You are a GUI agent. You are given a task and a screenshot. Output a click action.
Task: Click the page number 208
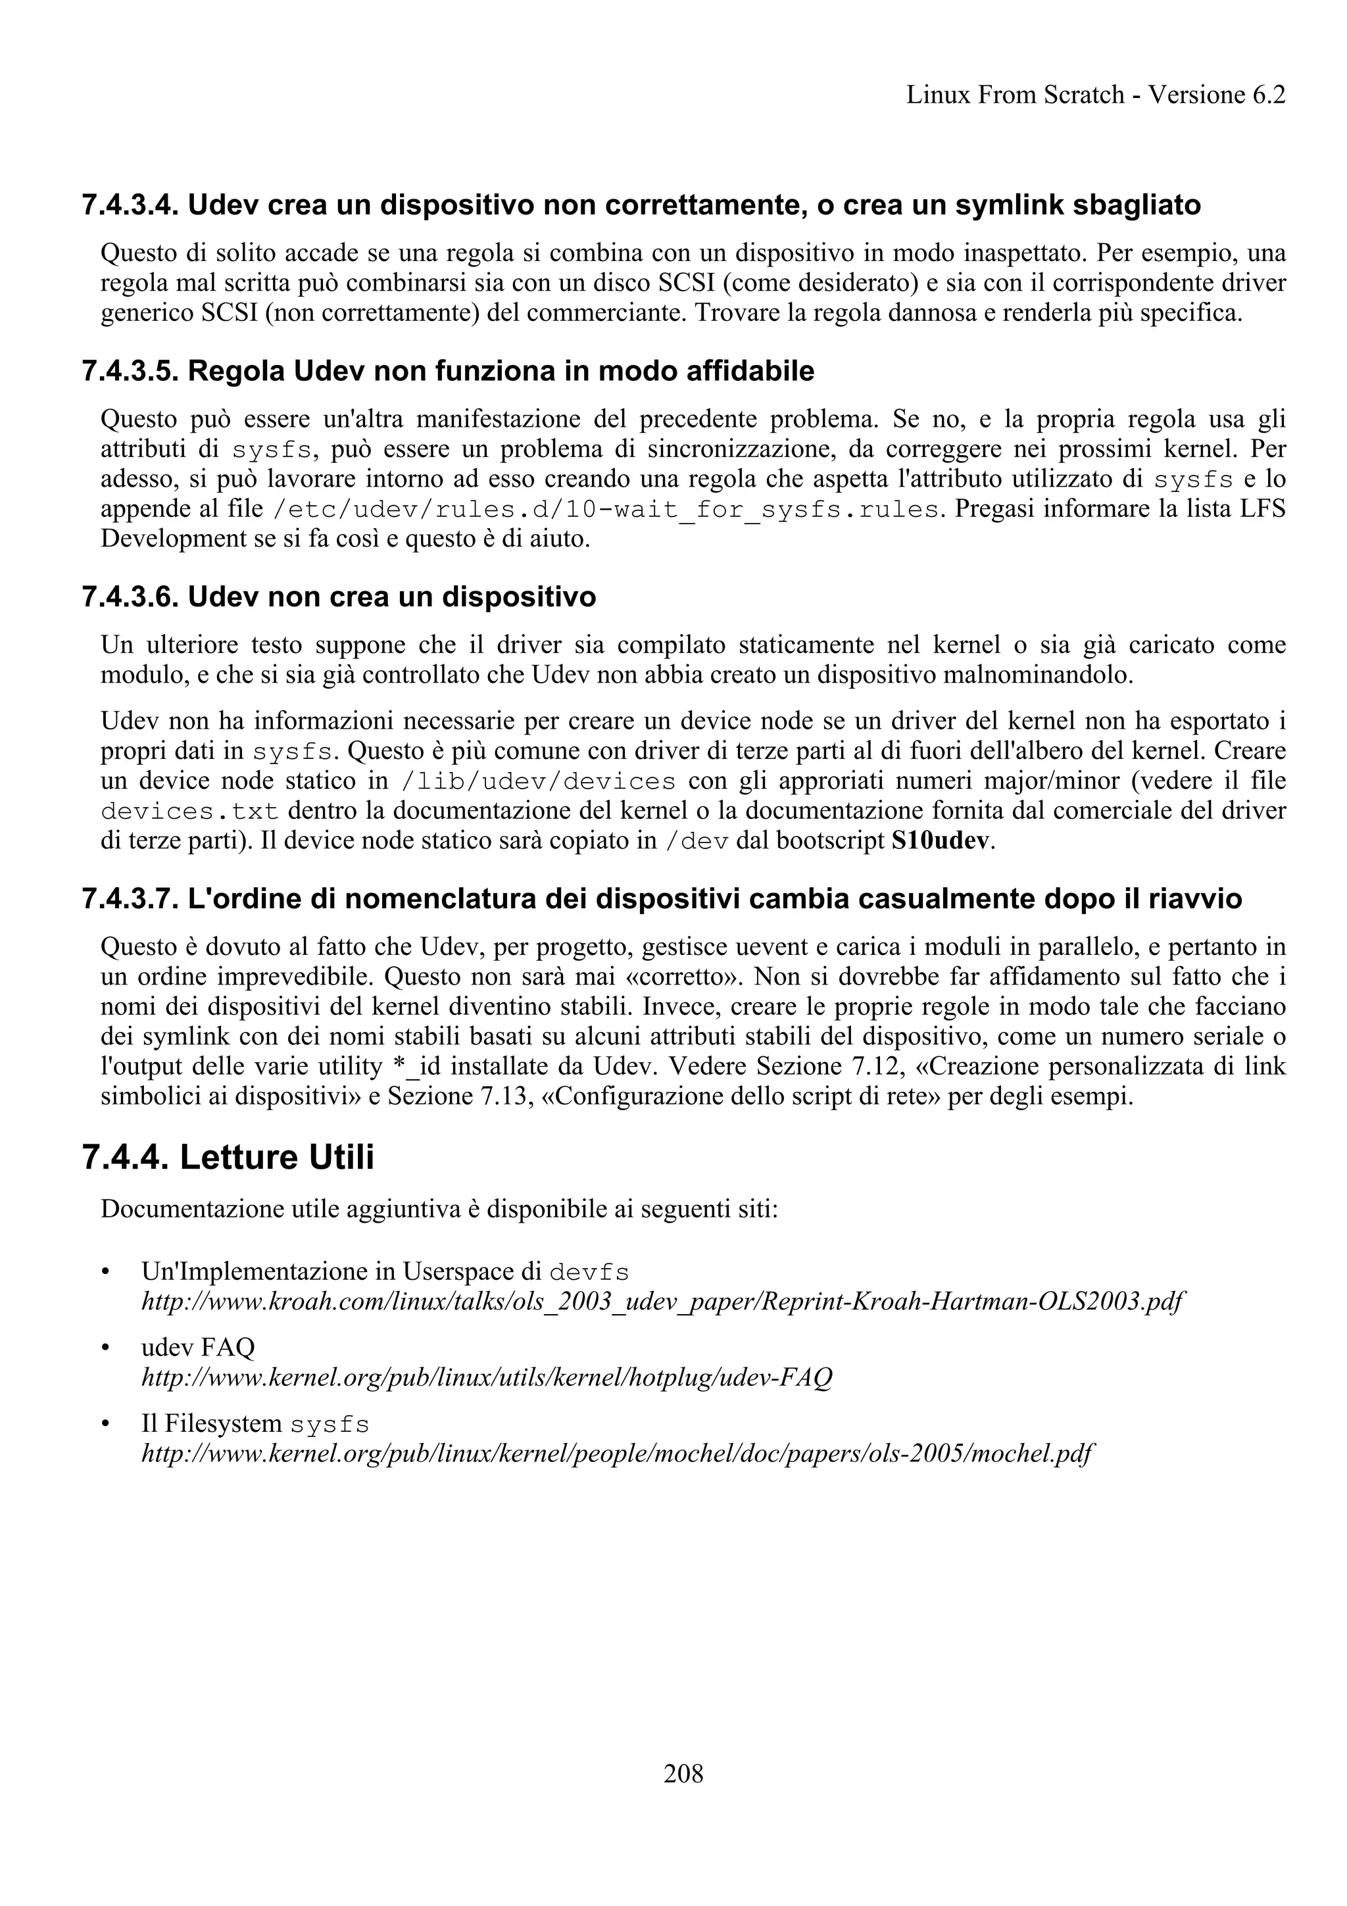[x=683, y=1774]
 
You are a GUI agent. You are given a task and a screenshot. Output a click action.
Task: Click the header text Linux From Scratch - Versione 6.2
[x=1096, y=95]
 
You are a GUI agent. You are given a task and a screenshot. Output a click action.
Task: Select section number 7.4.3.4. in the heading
[x=131, y=205]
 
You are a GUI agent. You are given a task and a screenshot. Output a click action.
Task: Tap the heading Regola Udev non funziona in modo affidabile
[x=501, y=371]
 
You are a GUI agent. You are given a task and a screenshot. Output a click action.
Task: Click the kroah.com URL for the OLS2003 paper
[x=662, y=1301]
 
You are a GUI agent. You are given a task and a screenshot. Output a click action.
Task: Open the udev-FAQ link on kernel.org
[x=487, y=1377]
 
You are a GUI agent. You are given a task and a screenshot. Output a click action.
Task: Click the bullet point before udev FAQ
[x=105, y=1348]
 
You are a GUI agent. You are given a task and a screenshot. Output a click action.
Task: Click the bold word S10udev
[x=941, y=841]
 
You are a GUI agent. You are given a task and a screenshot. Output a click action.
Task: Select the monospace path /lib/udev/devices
[x=538, y=782]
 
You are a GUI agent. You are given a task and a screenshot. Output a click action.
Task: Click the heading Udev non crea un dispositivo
[x=392, y=598]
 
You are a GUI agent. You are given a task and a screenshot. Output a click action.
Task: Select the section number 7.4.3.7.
[x=131, y=899]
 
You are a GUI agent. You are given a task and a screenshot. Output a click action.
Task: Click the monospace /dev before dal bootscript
[x=697, y=842]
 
